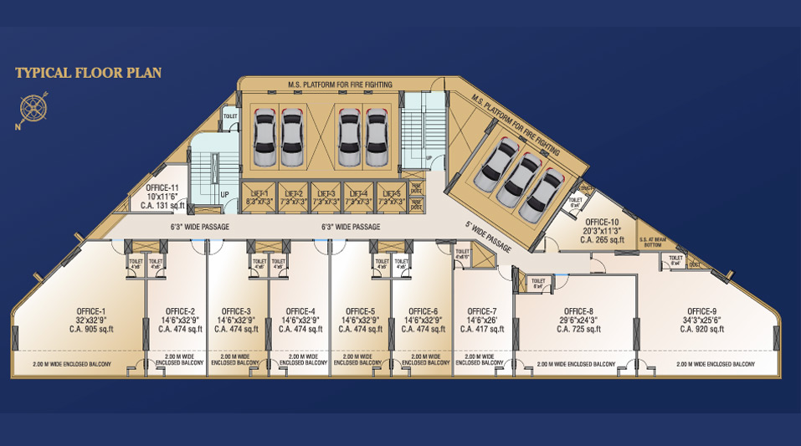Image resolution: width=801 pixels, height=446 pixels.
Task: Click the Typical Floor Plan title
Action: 88,74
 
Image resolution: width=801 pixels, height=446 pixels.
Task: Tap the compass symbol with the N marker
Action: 32,108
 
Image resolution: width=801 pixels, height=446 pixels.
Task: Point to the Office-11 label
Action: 162,188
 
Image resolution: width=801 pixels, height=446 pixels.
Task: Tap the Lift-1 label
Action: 259,193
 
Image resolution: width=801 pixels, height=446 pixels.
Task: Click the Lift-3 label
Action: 324,193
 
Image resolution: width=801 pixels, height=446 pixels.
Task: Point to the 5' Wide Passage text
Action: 489,238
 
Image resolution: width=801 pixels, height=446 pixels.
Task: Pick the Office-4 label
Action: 300,310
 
